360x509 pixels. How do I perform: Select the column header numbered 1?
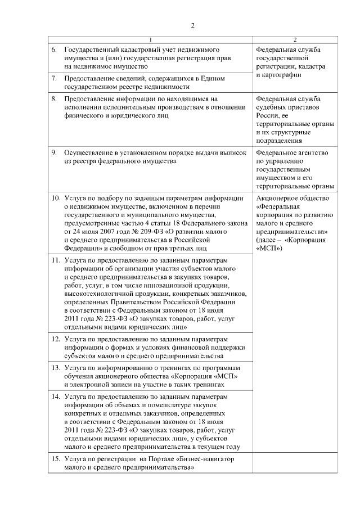coord(149,39)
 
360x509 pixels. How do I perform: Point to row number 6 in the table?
coord(55,50)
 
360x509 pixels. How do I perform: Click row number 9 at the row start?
coord(55,153)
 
